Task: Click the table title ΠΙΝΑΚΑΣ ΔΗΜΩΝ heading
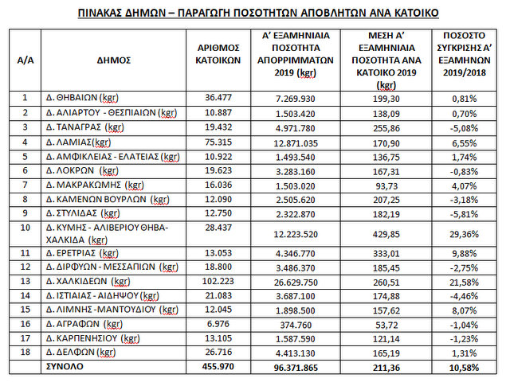point(255,14)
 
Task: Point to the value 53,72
point(386,325)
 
